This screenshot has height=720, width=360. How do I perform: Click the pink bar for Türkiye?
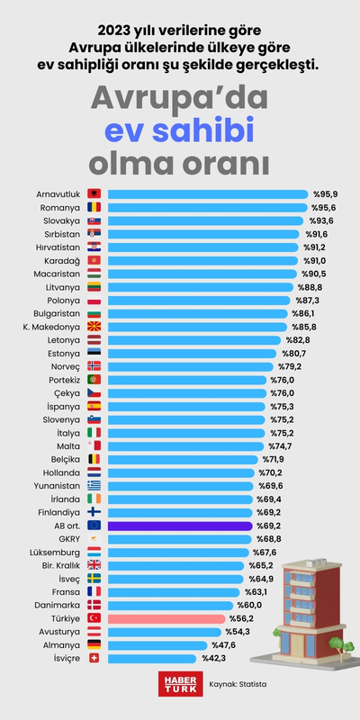pos(166,618)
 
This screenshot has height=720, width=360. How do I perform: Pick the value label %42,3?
pos(213,658)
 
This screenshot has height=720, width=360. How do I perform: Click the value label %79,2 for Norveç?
pos(290,366)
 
